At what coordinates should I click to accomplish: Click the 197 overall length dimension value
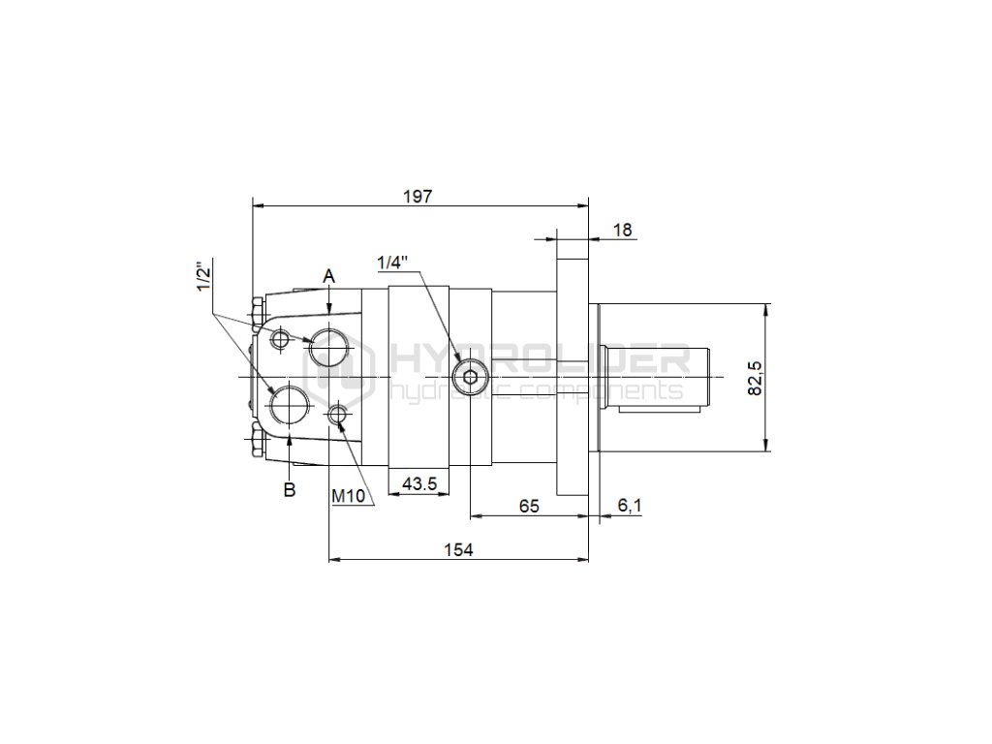coord(418,196)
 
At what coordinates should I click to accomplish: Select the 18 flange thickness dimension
coord(623,230)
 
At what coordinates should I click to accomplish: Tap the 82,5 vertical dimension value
coord(756,378)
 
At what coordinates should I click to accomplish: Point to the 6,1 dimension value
coord(630,505)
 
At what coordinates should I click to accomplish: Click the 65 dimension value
coord(529,506)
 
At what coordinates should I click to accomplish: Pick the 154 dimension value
coord(458,550)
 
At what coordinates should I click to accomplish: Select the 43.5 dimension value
coord(419,484)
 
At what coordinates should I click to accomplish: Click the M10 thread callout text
coord(349,496)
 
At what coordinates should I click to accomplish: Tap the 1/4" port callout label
coord(392,262)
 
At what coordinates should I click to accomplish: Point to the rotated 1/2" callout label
coord(203,276)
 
